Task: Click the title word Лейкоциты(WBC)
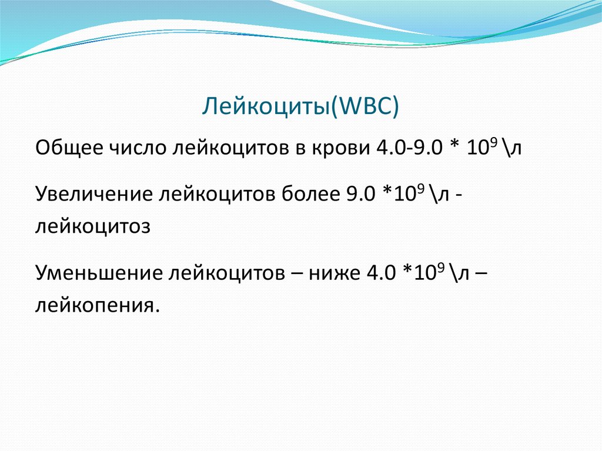click(x=300, y=106)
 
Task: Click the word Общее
click(x=69, y=148)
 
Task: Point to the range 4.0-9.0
click(x=409, y=148)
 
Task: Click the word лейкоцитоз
click(x=92, y=226)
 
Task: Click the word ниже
click(x=335, y=273)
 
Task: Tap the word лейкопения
click(x=97, y=306)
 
